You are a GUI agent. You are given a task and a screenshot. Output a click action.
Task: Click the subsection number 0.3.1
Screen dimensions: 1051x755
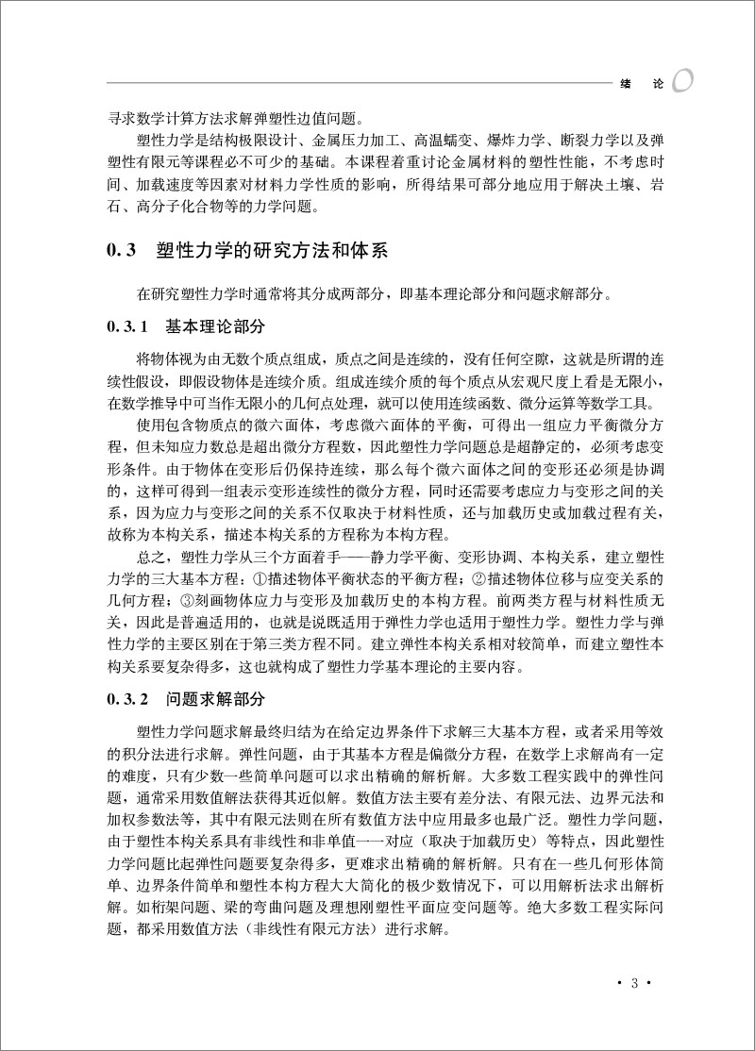point(129,327)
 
